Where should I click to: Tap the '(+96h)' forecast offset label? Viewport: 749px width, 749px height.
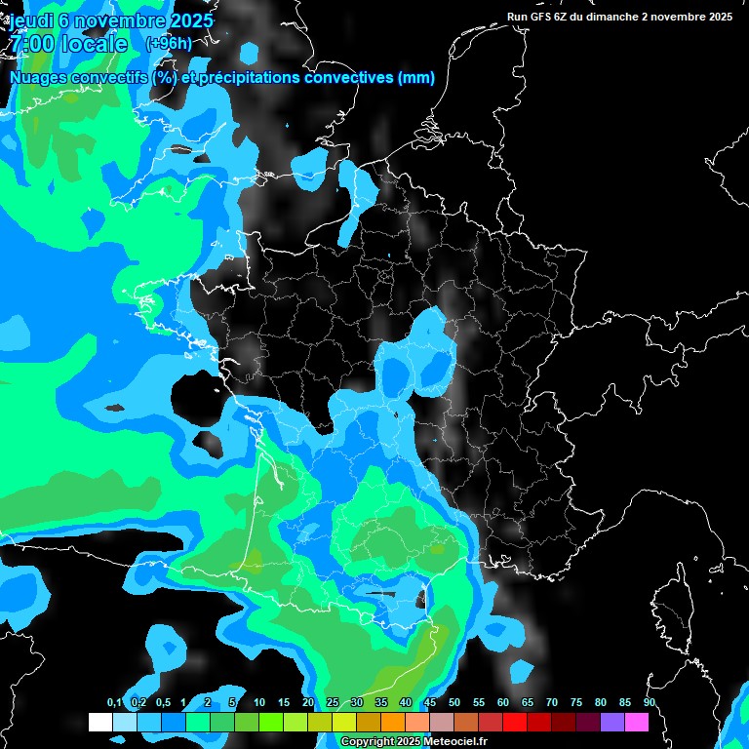168,43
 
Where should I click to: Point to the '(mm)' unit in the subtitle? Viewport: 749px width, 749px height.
415,78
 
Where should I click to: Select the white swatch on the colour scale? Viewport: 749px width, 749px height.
100,723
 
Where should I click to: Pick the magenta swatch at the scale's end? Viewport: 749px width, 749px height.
637,723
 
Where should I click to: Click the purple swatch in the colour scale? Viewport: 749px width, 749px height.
612,723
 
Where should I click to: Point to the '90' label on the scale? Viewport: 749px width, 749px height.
650,703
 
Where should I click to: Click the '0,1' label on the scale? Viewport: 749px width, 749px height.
114,703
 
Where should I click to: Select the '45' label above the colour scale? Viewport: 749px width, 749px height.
430,703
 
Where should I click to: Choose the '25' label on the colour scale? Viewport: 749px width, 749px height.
333,703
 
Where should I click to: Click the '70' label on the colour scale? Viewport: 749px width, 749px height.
552,703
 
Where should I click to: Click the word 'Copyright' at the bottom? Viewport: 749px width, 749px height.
368,742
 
